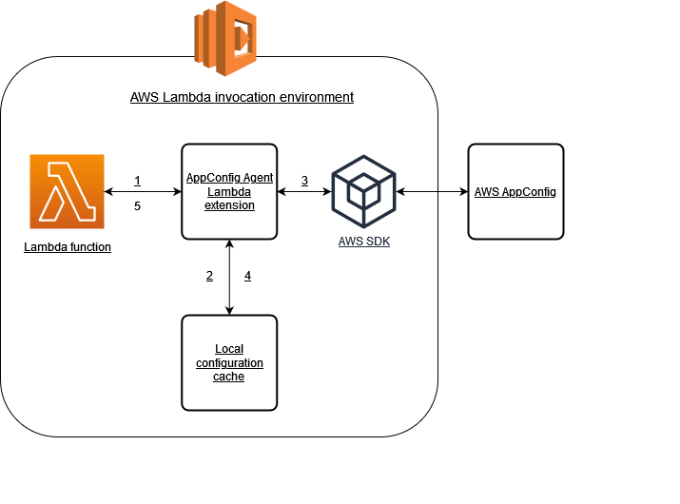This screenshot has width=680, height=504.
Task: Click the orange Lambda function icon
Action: point(67,192)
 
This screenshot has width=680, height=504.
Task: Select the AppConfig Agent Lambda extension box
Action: point(229,191)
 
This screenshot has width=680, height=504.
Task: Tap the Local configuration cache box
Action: point(229,362)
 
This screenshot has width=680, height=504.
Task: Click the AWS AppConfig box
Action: point(515,191)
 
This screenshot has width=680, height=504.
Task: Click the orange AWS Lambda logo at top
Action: point(226,38)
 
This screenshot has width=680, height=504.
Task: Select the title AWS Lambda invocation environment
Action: point(242,97)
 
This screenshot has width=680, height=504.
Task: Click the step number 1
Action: point(138,181)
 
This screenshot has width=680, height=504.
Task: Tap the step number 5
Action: point(138,205)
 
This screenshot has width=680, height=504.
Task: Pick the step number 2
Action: point(209,276)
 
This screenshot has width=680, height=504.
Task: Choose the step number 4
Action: point(247,276)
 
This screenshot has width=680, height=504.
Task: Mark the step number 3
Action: point(304,181)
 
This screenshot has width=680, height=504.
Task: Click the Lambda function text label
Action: point(67,247)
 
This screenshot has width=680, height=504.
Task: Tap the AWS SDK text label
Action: point(363,242)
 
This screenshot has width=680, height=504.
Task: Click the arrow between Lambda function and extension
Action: point(143,192)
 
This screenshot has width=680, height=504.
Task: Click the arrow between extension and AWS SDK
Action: point(304,192)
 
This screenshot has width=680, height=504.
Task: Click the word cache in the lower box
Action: point(229,377)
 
